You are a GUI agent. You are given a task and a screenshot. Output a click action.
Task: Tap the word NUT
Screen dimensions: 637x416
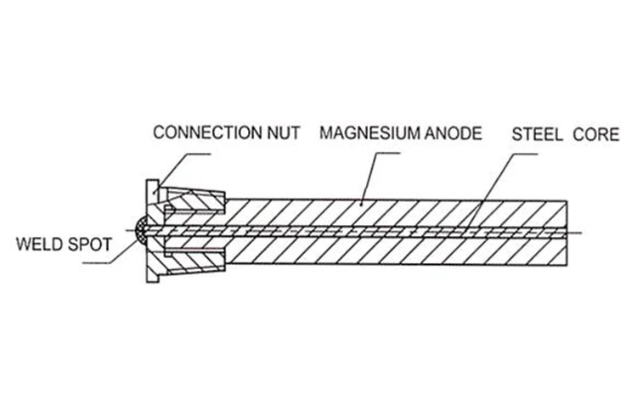(284, 132)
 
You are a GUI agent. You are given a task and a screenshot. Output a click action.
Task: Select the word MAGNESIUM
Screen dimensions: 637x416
(369, 133)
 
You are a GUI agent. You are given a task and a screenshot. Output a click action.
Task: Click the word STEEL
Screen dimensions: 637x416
(537, 134)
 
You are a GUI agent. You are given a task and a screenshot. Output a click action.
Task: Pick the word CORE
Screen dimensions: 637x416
(596, 134)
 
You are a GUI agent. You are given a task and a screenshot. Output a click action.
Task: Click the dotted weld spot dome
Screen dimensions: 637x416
(140, 230)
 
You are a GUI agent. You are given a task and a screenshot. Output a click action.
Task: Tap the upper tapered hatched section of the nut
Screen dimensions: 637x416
(196, 200)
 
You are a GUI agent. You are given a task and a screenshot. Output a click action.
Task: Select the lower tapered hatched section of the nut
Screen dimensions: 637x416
(196, 261)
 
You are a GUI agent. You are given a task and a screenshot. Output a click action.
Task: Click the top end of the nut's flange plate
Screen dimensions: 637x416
(153, 181)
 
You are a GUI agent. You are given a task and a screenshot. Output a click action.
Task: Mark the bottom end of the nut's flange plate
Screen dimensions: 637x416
(153, 281)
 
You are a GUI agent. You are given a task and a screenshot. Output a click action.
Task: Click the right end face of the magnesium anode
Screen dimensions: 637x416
(567, 233)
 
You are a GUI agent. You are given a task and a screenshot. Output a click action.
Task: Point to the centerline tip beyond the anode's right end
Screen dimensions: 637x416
(582, 233)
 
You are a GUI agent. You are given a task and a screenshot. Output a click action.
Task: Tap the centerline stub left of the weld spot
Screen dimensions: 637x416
(129, 231)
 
